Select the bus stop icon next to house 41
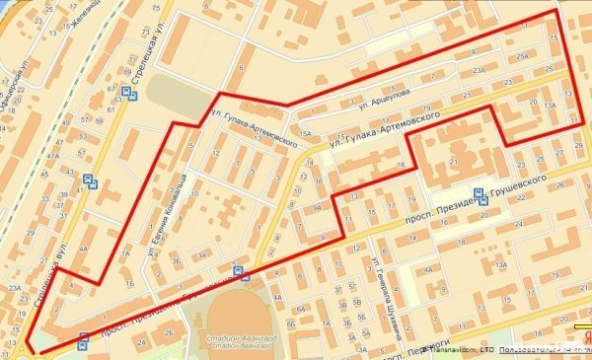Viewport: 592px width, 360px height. pyautogui.click(x=91, y=181)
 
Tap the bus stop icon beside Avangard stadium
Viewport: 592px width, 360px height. pyautogui.click(x=238, y=269)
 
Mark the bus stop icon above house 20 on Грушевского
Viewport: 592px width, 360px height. pyautogui.click(x=479, y=195)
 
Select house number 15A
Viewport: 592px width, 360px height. pyautogui.click(x=306, y=132)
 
